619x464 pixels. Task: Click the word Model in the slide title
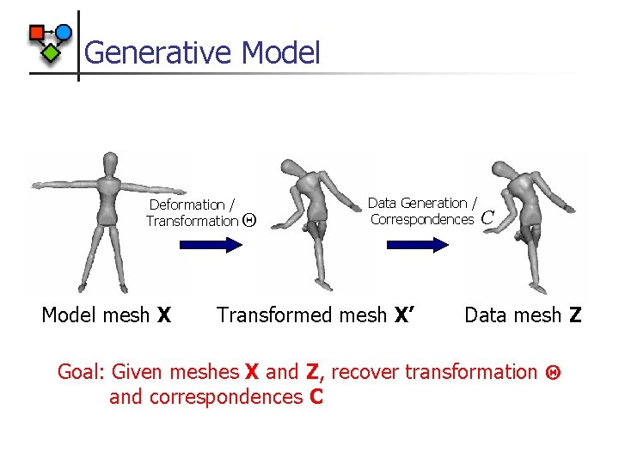coord(281,52)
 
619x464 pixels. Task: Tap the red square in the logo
coord(37,33)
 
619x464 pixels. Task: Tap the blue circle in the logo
coord(64,32)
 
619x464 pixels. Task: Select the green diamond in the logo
coord(52,53)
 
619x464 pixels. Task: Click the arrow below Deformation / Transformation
coord(211,246)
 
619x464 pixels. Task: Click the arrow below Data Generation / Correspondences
coord(419,245)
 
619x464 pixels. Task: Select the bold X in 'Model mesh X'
coord(163,315)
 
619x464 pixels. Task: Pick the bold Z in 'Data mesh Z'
coord(574,315)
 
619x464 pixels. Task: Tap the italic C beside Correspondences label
coord(487,218)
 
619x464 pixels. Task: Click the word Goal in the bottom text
coord(79,372)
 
